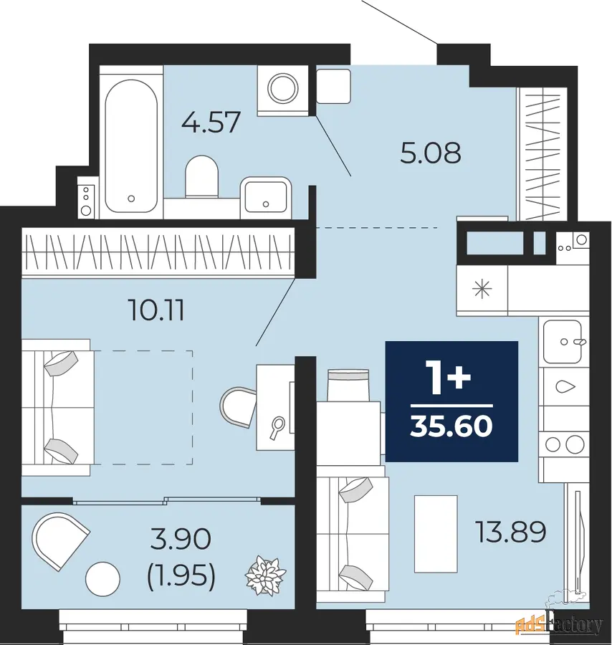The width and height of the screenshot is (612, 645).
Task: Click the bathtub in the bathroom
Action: tap(131, 146)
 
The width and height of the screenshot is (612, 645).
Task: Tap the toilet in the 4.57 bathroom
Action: tap(201, 176)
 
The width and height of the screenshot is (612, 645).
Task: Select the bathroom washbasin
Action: tap(265, 196)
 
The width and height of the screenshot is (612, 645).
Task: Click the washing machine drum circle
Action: tap(282, 87)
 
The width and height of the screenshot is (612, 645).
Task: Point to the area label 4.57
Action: tap(211, 122)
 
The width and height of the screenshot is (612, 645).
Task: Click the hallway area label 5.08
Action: tap(431, 153)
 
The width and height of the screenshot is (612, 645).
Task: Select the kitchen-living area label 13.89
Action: tap(510, 532)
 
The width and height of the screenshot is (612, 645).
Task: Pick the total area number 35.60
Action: tap(451, 426)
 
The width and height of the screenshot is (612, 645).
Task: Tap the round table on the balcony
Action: tap(102, 579)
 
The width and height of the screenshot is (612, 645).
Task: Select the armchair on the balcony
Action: tap(60, 540)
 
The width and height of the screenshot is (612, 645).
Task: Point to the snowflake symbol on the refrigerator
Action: tap(482, 289)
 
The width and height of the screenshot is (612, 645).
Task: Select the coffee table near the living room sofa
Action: tap(436, 533)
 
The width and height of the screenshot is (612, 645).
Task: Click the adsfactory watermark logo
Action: tap(560, 624)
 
